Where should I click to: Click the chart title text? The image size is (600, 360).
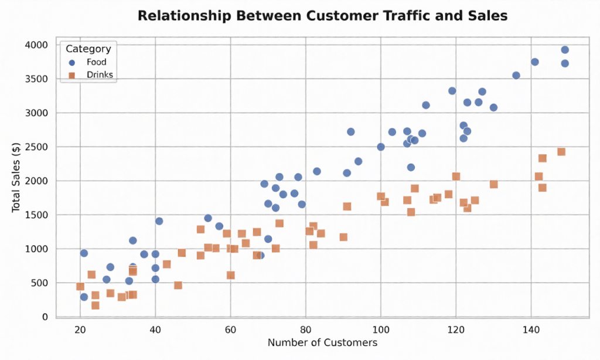tap(322, 16)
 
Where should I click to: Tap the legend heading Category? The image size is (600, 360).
tap(88, 49)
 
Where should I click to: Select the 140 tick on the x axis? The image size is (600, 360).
tap(531, 330)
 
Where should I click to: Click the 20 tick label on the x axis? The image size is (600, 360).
tap(80, 330)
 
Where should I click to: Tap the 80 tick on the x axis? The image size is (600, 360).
tap(305, 330)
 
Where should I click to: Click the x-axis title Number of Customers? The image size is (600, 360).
tap(322, 342)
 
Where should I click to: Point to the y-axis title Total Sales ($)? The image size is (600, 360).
tap(16, 180)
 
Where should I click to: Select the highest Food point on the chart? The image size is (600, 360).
tap(565, 50)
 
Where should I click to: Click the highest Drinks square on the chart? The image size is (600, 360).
tap(561, 152)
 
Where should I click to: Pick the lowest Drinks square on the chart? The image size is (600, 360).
tap(96, 305)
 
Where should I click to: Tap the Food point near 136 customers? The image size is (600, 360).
tap(516, 76)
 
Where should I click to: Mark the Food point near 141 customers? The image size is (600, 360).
tap(534, 62)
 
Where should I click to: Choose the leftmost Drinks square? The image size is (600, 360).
tap(80, 287)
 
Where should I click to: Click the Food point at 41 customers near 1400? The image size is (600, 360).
tap(159, 221)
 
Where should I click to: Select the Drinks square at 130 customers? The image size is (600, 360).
tap(493, 185)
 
